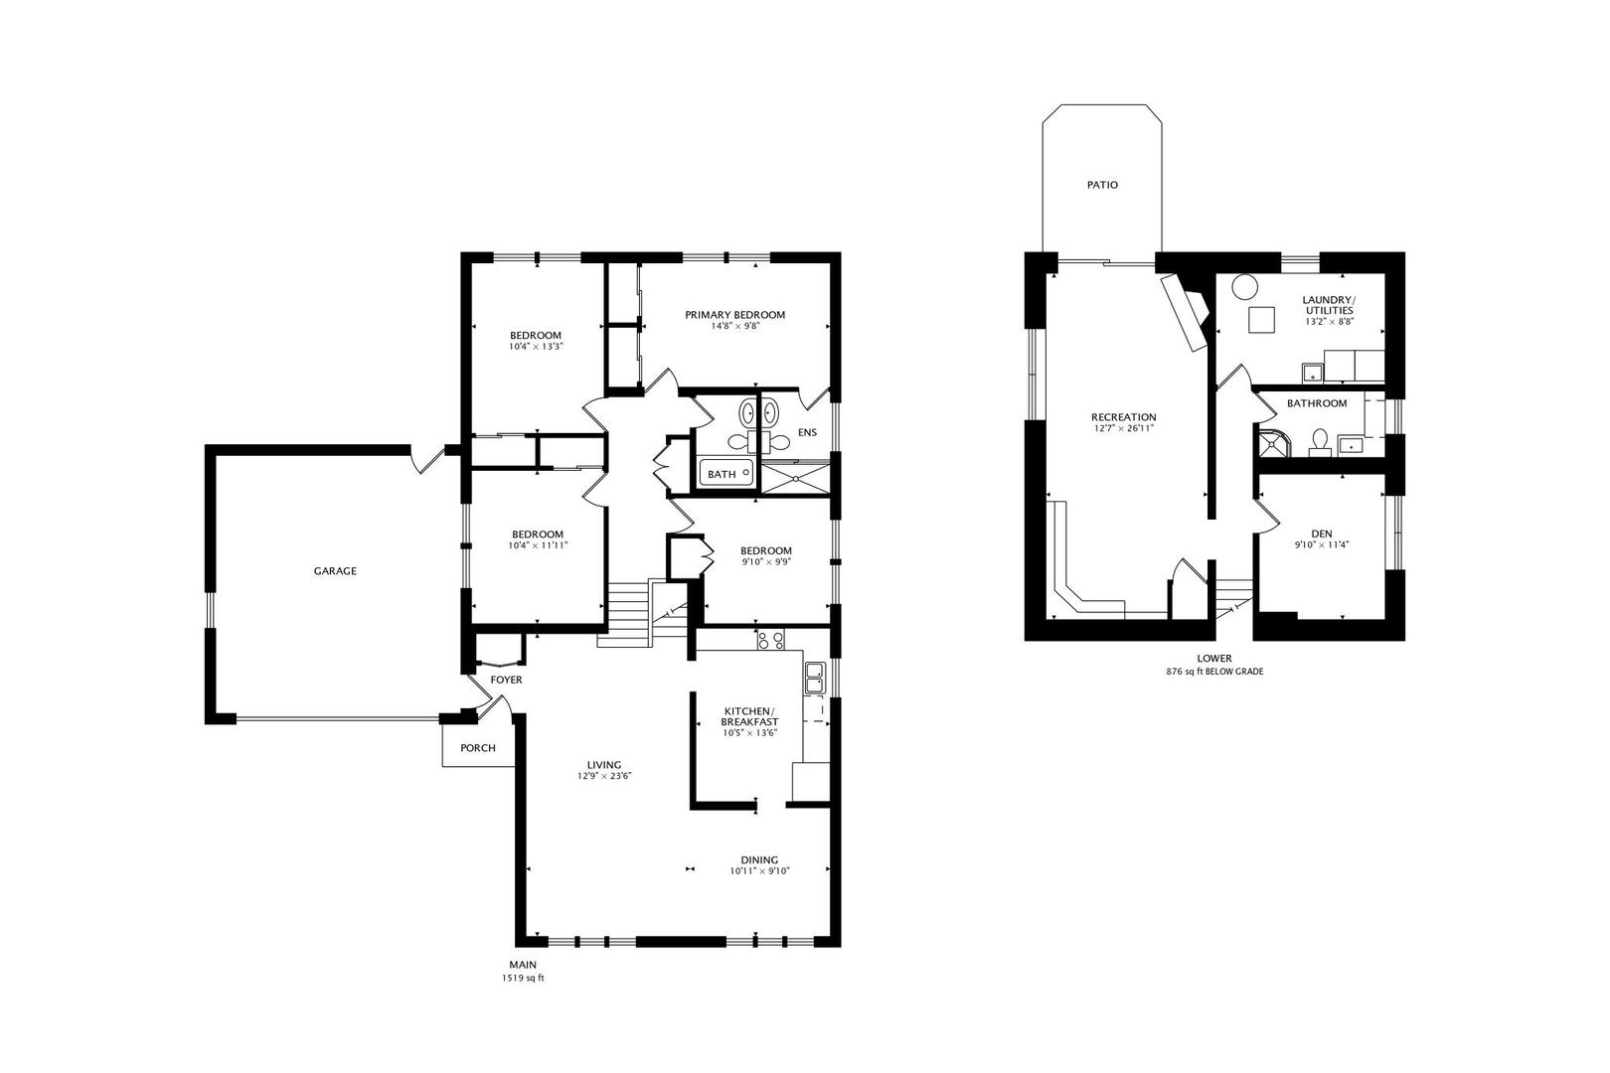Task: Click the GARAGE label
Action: point(335,571)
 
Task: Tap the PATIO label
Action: point(1102,185)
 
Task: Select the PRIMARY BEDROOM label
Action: point(734,315)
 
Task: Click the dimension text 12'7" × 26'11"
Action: point(1123,429)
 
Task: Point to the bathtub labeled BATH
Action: point(727,474)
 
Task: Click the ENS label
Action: point(807,433)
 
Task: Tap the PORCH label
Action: point(477,748)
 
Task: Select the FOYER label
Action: point(506,680)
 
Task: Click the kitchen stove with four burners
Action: point(770,640)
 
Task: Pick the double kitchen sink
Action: point(814,677)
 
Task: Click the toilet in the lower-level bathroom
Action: point(1320,440)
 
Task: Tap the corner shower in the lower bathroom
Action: point(1272,441)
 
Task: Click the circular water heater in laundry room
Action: point(1243,287)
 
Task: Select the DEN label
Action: point(1322,534)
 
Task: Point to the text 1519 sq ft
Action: point(524,979)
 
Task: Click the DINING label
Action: point(759,860)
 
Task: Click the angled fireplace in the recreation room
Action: point(1186,310)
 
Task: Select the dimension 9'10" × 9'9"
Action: point(766,562)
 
